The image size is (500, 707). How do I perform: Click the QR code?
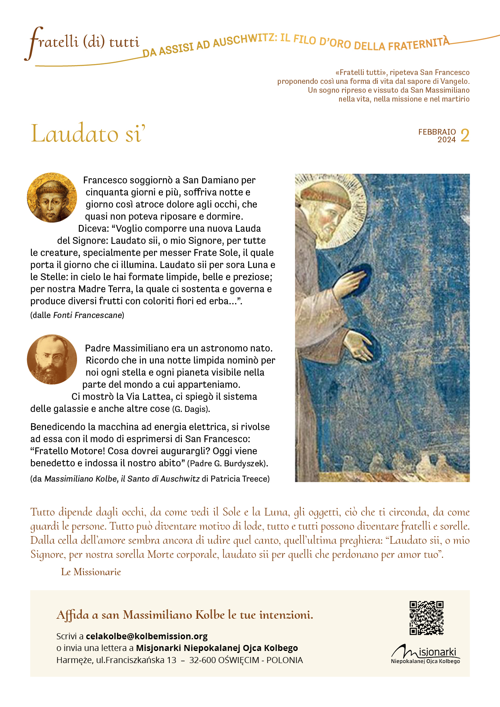coord(426,618)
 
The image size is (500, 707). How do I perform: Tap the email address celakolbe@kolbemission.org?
coord(146,636)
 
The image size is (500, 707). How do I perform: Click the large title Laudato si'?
coord(88,133)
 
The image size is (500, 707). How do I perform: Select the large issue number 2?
coord(465,136)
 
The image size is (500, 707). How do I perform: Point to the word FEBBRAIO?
coord(437,132)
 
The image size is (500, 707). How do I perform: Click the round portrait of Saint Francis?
coord(52,198)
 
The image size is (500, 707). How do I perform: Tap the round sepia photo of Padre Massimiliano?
coord(52,359)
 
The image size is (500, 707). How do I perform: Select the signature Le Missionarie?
coord(91,572)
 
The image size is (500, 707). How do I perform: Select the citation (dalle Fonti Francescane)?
coord(77,315)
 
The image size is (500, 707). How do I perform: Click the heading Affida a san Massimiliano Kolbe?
coord(185,615)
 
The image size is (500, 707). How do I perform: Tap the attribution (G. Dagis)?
coord(191,409)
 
